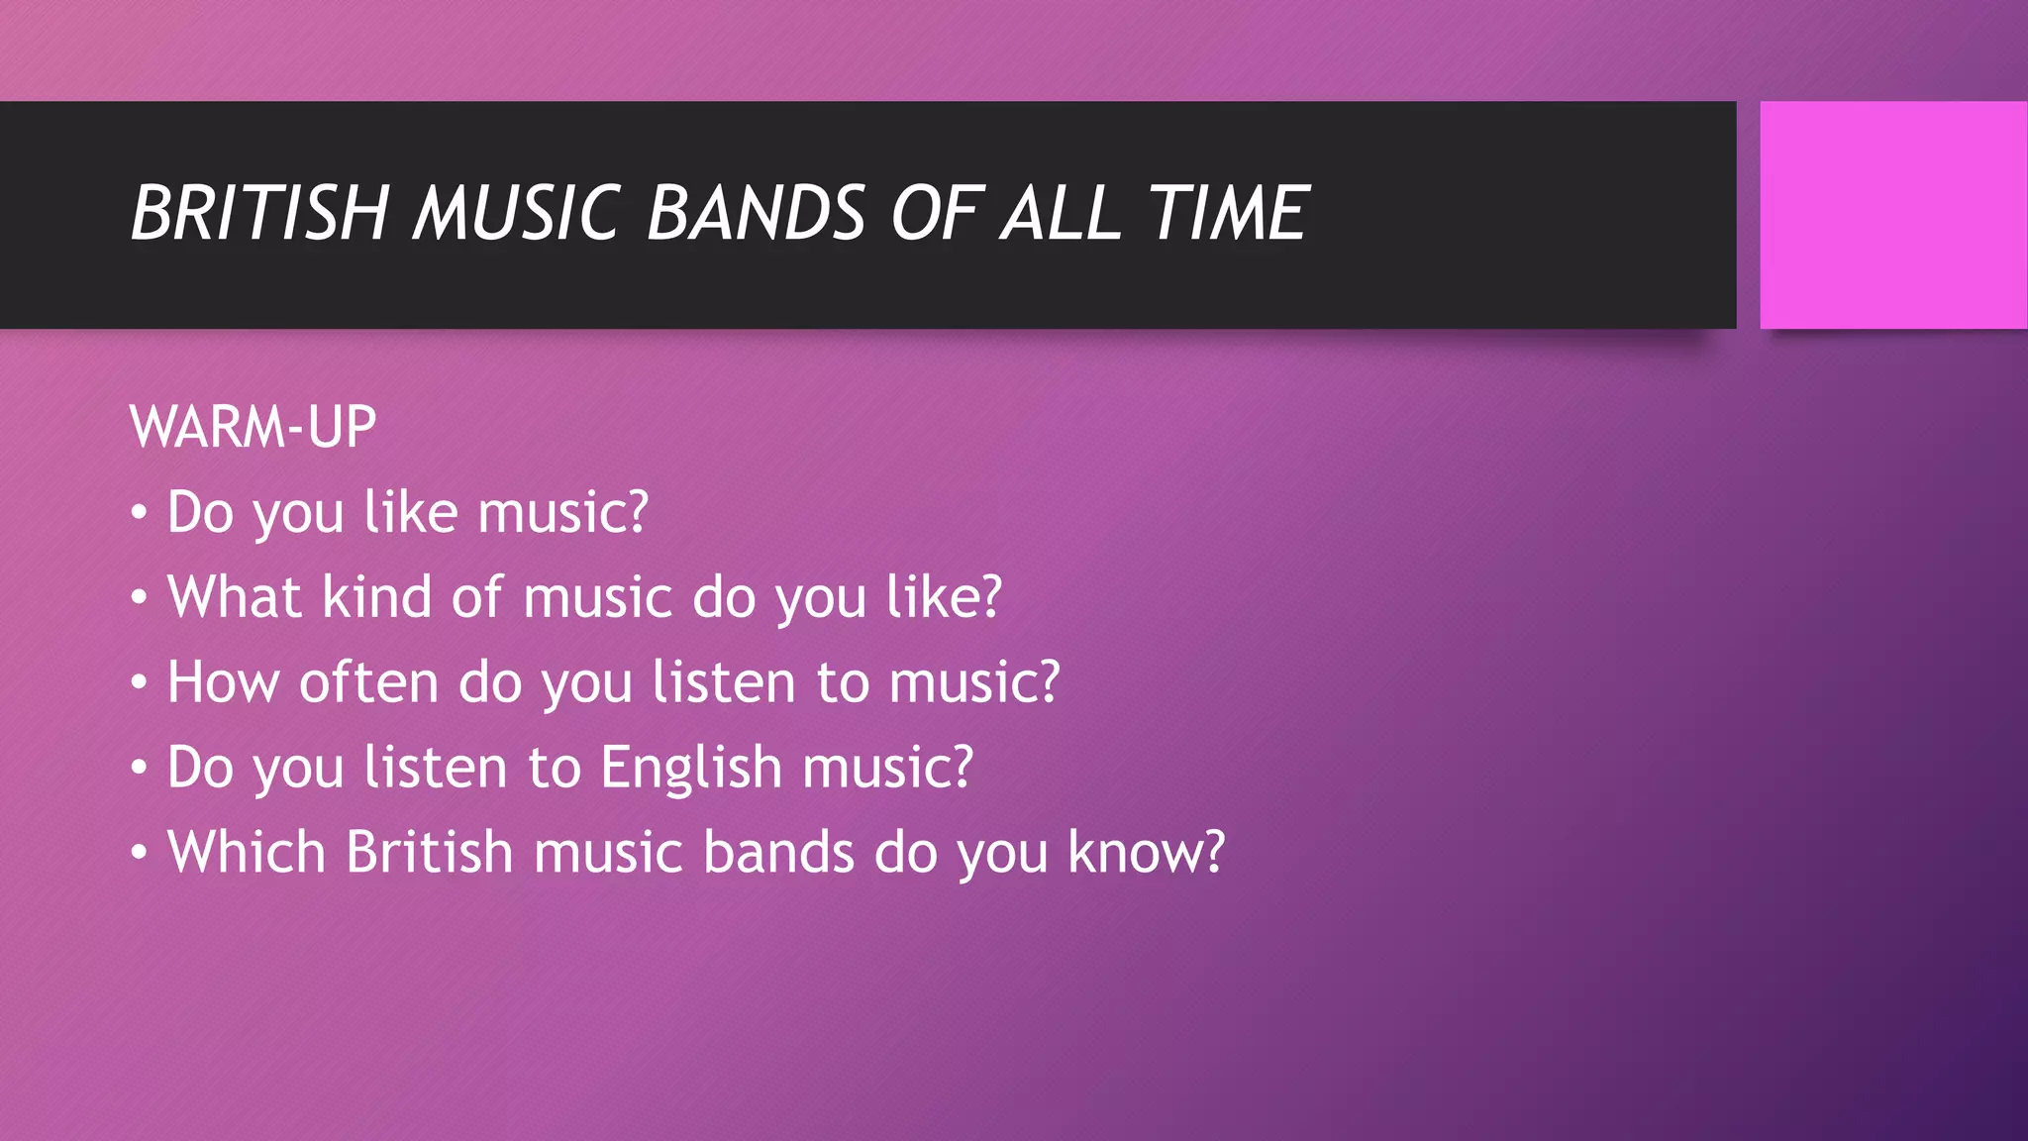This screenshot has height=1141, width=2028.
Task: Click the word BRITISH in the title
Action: point(259,213)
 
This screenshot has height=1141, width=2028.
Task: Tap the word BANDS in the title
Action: point(757,213)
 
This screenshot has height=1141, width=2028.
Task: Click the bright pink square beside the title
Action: point(1892,215)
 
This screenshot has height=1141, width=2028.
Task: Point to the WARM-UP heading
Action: point(253,428)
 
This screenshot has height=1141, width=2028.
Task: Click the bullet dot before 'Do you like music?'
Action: point(140,514)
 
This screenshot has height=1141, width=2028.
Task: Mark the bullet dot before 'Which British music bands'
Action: point(140,854)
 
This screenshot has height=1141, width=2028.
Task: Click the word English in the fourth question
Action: point(691,768)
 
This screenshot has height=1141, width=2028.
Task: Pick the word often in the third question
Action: point(368,682)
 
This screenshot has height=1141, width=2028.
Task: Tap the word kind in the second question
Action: point(377,597)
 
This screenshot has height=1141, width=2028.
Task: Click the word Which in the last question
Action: point(246,853)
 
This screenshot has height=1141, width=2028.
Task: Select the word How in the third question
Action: point(223,682)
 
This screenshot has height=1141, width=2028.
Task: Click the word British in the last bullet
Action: point(428,853)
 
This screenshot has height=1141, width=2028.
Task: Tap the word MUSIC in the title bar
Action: point(517,213)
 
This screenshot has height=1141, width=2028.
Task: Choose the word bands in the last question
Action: point(778,853)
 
